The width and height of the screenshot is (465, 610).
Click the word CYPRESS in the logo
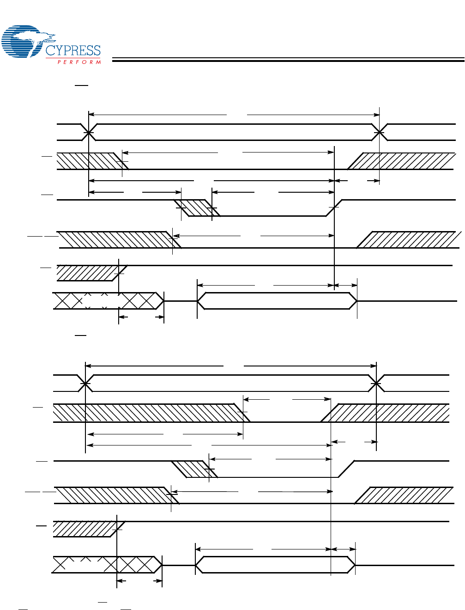[x=73, y=50]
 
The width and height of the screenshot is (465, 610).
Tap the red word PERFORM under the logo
[x=79, y=62]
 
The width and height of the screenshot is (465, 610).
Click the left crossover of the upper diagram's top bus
[x=88, y=133]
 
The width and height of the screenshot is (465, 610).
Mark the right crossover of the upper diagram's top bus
[x=380, y=133]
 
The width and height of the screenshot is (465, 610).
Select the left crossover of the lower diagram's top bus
[x=85, y=383]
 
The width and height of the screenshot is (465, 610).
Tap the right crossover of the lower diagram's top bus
[x=377, y=383]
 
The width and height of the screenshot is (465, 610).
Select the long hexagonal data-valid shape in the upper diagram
[x=277, y=301]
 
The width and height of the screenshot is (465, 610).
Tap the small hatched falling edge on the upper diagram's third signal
[x=197, y=208]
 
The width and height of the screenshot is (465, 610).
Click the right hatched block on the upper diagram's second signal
[x=402, y=161]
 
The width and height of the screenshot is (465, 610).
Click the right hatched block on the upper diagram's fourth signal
[x=409, y=239]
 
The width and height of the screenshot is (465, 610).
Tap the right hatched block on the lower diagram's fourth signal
[x=404, y=495]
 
